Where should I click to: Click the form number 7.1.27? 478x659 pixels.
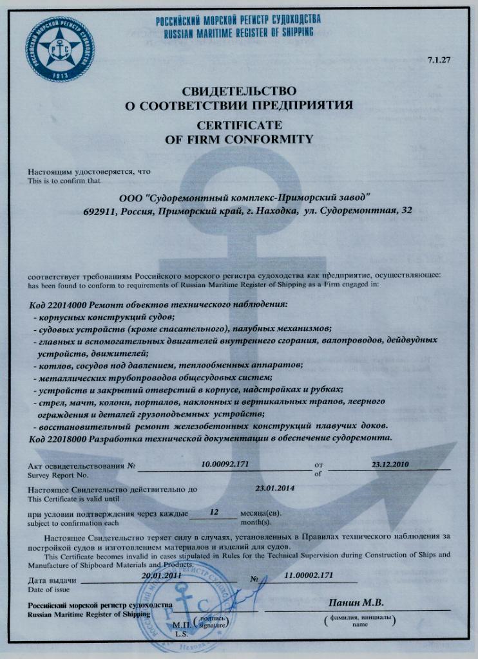(438, 60)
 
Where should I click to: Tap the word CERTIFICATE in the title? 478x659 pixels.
(239, 125)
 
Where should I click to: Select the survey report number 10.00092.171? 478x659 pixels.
(225, 463)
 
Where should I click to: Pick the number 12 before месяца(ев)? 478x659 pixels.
(215, 513)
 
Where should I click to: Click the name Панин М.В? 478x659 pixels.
(356, 603)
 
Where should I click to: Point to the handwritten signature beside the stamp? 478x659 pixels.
(248, 595)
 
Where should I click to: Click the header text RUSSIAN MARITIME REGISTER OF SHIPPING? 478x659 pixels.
(238, 31)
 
